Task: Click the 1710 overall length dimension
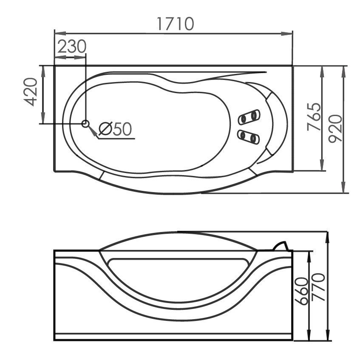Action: point(176,24)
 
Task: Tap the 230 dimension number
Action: point(72,47)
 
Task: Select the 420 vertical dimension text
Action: point(31,92)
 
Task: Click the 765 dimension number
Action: point(314,116)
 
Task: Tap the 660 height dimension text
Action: point(301,291)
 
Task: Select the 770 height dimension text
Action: point(318,287)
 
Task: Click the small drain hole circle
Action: point(85,124)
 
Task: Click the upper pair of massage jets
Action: point(249,117)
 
